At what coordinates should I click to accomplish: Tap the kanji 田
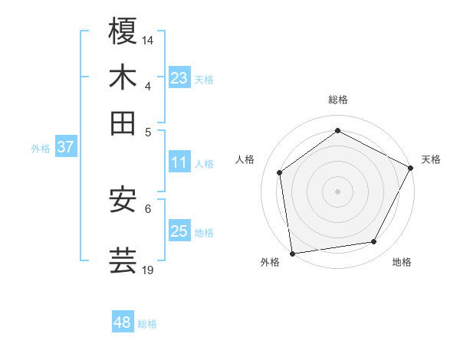click(123, 122)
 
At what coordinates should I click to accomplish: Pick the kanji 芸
click(123, 260)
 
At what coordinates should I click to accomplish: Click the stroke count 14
click(148, 39)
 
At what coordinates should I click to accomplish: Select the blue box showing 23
click(179, 78)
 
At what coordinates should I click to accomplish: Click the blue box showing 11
click(179, 162)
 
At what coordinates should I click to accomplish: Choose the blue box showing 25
click(179, 231)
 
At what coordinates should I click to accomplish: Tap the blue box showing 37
click(65, 147)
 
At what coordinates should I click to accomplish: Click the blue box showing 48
click(123, 322)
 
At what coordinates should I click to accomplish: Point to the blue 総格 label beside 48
click(147, 324)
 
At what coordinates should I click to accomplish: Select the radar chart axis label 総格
click(338, 100)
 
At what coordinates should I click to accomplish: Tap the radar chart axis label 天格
click(431, 159)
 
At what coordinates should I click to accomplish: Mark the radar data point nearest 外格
click(292, 253)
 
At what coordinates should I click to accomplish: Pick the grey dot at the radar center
click(338, 191)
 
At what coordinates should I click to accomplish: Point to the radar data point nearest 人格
click(280, 172)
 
